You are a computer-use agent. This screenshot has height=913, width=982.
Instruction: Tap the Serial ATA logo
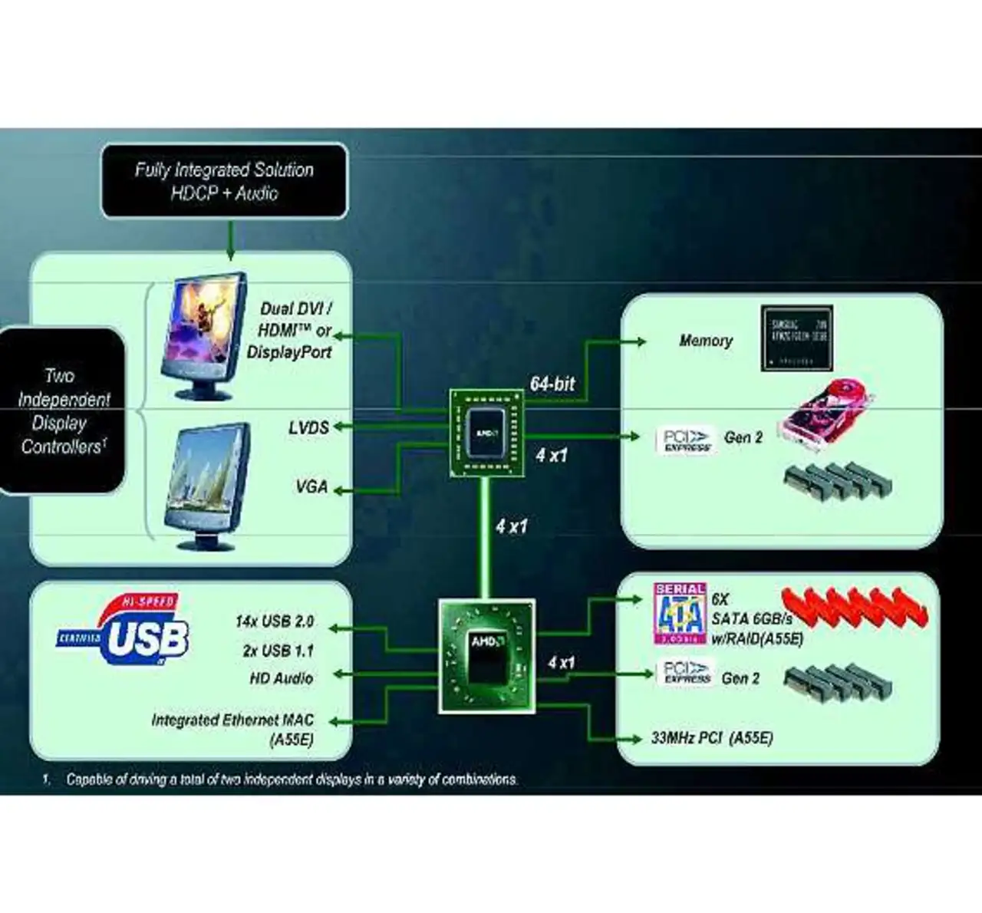click(680, 613)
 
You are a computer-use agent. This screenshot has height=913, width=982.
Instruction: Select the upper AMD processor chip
click(486, 433)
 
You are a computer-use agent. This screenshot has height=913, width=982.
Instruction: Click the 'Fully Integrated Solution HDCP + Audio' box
click(224, 181)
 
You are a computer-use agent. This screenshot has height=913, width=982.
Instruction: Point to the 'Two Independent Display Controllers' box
click(63, 410)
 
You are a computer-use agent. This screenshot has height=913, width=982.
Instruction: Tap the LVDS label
click(308, 427)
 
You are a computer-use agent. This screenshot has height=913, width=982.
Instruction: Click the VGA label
click(311, 486)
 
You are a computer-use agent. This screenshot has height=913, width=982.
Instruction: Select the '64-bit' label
click(552, 384)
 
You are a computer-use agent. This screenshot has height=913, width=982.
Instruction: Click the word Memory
click(706, 341)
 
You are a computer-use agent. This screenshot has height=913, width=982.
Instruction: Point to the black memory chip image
click(796, 338)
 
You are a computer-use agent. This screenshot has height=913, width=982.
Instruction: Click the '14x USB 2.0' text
click(274, 621)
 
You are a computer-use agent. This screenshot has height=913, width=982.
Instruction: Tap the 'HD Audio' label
click(281, 678)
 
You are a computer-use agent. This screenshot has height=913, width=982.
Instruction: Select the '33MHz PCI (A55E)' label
click(712, 738)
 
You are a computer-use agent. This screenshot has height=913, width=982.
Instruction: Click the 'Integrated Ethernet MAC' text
click(232, 720)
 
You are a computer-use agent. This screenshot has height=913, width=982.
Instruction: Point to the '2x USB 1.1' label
click(278, 651)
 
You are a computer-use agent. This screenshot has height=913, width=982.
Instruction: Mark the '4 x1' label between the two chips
click(511, 526)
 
